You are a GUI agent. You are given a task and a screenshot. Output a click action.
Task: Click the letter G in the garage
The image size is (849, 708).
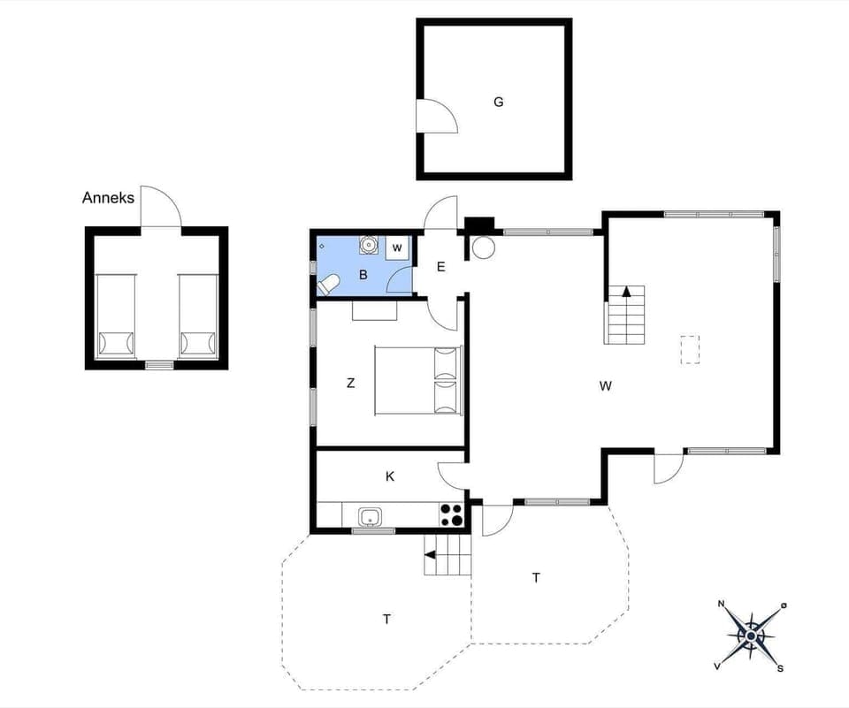[x=499, y=102]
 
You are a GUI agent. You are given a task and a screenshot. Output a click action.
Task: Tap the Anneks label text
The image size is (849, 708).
[x=108, y=198]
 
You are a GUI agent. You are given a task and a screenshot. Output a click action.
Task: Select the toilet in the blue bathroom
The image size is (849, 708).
[x=329, y=284]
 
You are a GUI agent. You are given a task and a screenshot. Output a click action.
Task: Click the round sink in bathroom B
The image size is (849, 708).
[x=369, y=245]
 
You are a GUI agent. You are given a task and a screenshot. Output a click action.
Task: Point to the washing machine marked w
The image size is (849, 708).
[x=398, y=247]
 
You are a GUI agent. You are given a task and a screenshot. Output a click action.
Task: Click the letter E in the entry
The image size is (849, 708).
[x=440, y=266]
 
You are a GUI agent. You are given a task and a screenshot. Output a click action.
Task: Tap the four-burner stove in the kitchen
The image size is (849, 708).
[x=451, y=514]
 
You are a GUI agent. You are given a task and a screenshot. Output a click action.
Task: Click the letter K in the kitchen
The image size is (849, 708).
[x=390, y=476]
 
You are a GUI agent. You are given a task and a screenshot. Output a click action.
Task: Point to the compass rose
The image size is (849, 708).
[x=752, y=635]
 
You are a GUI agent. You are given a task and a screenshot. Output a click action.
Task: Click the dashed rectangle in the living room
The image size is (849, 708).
[x=690, y=349]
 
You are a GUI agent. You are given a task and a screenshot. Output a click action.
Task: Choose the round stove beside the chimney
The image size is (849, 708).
[x=484, y=247]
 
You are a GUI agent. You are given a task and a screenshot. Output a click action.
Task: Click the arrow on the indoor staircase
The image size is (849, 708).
[x=626, y=291]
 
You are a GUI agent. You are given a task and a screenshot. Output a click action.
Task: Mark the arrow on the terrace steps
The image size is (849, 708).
[x=431, y=555]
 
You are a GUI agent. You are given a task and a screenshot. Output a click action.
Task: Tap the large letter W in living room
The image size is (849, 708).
[x=606, y=385]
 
